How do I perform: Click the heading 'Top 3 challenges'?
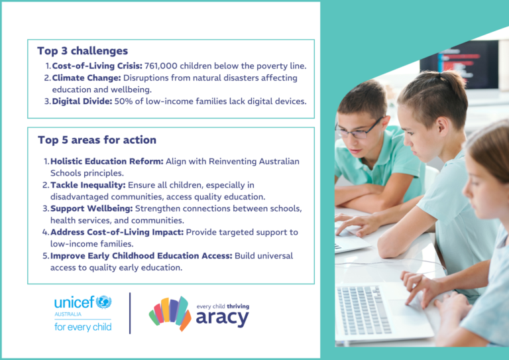[82, 50]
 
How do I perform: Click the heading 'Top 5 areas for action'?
[97, 140]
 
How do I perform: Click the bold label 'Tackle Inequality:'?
[88, 185]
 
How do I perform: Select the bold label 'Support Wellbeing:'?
[91, 208]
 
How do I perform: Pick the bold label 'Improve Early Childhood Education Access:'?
[141, 255]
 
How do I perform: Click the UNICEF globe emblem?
[103, 302]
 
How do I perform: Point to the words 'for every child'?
[83, 326]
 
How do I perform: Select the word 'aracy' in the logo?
[222, 319]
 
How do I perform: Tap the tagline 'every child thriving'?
[223, 306]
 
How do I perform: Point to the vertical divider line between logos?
[130, 312]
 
